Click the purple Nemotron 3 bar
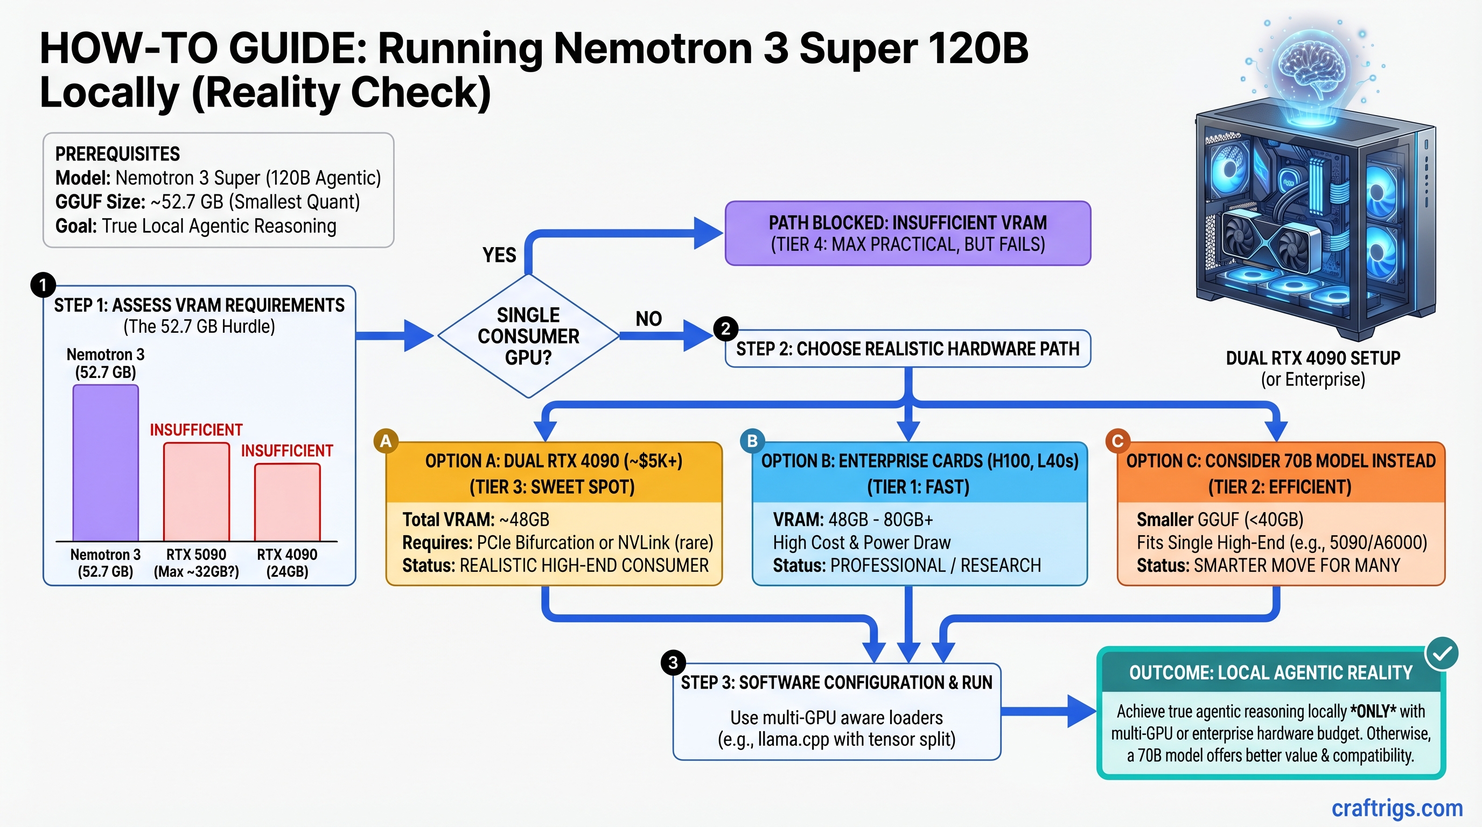[x=106, y=463]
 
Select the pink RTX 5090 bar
[x=196, y=492]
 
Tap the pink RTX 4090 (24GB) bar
[x=287, y=502]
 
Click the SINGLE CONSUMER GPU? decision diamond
[x=528, y=336]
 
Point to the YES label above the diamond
[x=499, y=255]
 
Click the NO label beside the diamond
[x=648, y=319]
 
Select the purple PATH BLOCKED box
[x=907, y=233]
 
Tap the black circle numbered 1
[x=43, y=285]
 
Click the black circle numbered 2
[x=725, y=328]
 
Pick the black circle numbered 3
[x=673, y=663]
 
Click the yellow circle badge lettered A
[x=386, y=441]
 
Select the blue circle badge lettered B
[x=752, y=441]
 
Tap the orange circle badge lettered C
[x=1117, y=441]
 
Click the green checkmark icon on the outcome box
[x=1441, y=653]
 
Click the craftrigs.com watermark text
[x=1397, y=808]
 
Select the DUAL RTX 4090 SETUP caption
[x=1313, y=358]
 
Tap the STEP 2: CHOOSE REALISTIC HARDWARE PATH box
[x=907, y=348]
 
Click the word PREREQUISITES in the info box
[x=117, y=154]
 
